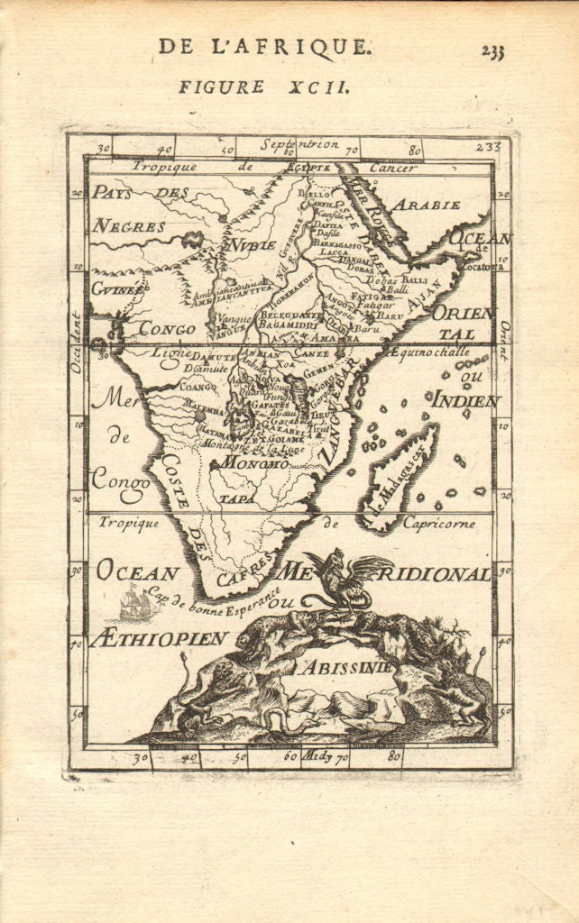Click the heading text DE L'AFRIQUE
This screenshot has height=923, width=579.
click(x=262, y=47)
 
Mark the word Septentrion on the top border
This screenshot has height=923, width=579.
click(x=299, y=144)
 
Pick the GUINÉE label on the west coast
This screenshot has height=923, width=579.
click(x=116, y=289)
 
